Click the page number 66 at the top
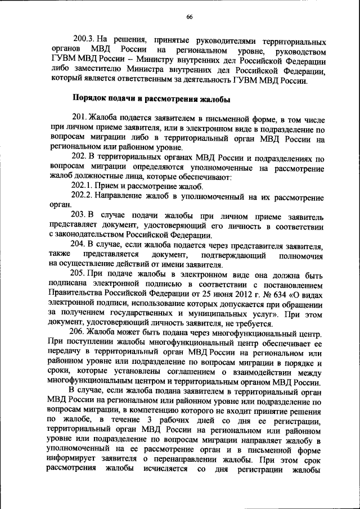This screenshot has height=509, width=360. pyautogui.click(x=189, y=17)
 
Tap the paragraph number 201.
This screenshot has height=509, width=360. pyautogui.click(x=80, y=118)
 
